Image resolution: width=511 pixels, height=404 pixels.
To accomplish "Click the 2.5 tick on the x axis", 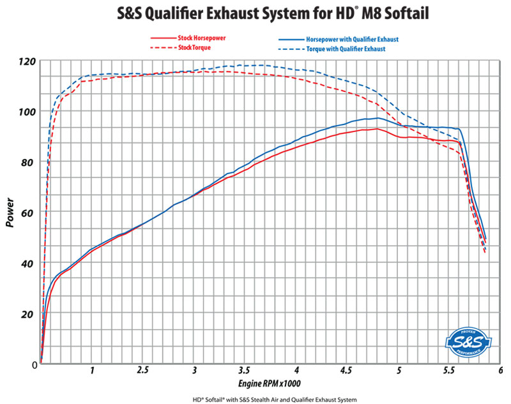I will tap(143, 370).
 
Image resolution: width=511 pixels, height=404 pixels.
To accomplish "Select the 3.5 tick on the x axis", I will tap(245, 370).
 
